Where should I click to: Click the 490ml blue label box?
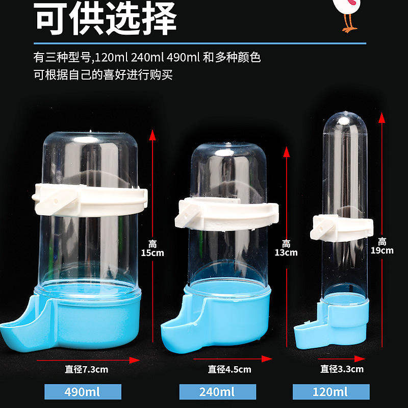83,392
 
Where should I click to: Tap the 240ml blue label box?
218,392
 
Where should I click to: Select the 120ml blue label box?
331,392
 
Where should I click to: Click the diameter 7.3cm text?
86,369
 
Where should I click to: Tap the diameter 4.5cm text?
229,369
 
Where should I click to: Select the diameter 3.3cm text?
342,369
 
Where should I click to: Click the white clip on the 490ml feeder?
90,200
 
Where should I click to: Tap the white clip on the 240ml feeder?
226,214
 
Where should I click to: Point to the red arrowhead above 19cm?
381,118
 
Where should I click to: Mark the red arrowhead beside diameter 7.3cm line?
135,360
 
